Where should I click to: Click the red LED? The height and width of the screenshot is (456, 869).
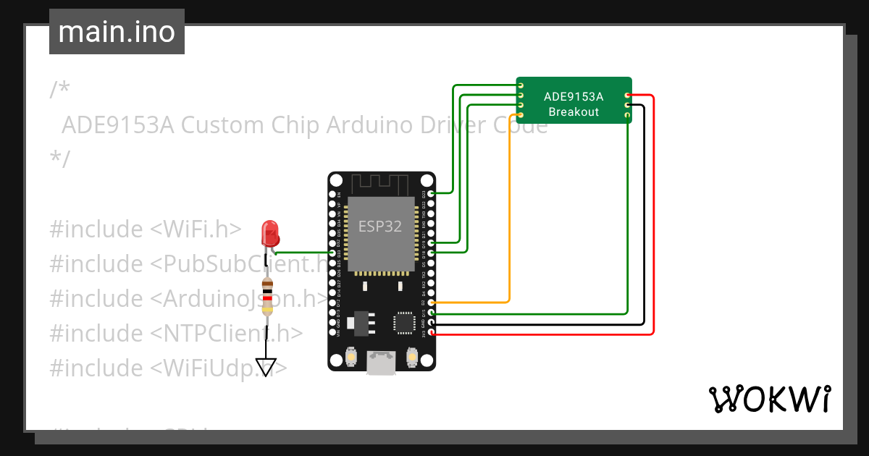[270, 233]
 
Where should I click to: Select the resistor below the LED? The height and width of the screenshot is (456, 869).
[268, 297]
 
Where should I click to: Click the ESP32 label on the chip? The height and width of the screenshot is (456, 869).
[380, 226]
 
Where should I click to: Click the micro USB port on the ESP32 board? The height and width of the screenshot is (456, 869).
[381, 363]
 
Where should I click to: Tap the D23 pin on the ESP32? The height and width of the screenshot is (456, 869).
[432, 193]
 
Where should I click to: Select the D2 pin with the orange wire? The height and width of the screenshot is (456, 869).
[432, 302]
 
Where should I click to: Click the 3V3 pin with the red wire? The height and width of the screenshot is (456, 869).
[432, 333]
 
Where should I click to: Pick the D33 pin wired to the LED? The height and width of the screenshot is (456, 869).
[332, 253]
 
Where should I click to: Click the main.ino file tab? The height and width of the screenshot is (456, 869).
[117, 32]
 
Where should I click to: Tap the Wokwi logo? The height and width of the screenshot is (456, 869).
[769, 399]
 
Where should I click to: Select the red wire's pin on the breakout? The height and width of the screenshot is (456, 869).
[627, 96]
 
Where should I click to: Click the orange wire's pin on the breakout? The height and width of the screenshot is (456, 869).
[521, 114]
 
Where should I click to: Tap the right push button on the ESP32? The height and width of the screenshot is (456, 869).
[411, 357]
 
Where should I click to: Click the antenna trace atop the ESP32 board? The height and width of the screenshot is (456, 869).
[381, 182]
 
